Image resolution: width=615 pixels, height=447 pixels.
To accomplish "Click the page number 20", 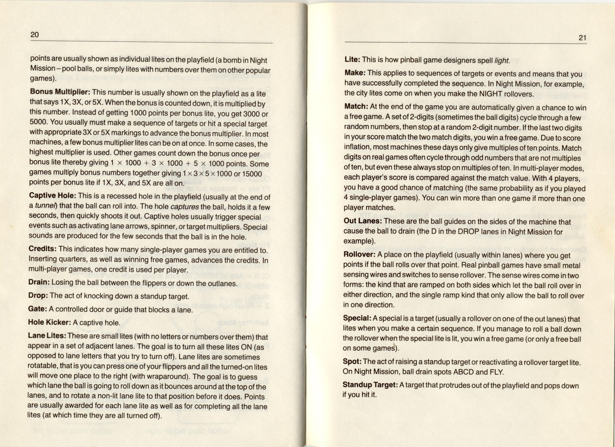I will [35, 34].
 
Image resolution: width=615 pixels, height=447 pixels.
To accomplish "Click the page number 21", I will [582, 38].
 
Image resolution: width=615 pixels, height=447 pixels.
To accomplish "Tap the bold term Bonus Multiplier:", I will [60, 92].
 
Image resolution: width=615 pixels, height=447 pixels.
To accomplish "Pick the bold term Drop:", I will [38, 295].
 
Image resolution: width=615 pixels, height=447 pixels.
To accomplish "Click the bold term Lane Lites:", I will [47, 335].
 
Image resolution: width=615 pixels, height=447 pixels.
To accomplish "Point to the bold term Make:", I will [355, 73].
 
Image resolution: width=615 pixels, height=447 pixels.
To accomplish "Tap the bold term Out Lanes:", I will [362, 221].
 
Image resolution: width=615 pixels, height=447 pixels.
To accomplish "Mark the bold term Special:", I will [357, 318].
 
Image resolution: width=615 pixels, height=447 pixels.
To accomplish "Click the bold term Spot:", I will [352, 361].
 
